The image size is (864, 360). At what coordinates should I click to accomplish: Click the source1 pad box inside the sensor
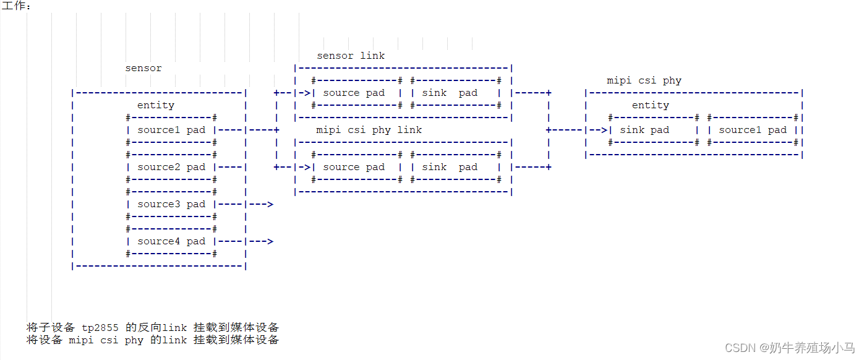[x=171, y=130]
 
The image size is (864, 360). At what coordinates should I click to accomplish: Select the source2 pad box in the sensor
[x=171, y=167]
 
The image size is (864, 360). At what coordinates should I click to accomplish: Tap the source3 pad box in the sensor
[x=171, y=204]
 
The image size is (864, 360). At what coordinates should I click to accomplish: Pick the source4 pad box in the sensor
[x=171, y=241]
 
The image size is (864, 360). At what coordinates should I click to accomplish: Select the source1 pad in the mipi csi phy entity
[x=752, y=130]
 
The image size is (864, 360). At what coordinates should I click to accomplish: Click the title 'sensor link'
[x=351, y=56]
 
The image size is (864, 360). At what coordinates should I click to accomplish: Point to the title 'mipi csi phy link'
[x=369, y=130]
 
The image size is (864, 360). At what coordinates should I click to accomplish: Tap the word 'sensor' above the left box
[x=143, y=68]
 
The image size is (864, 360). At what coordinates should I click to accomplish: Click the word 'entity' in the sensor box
[x=156, y=105]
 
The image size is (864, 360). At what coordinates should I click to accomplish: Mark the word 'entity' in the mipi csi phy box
[x=650, y=105]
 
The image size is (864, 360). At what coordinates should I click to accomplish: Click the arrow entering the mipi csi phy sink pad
[x=598, y=130]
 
